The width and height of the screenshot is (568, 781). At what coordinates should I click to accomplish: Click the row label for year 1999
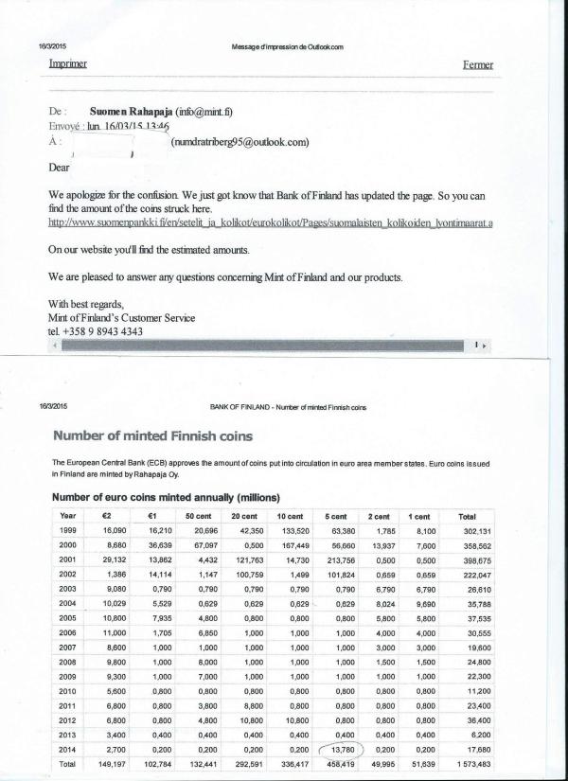[67, 530]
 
